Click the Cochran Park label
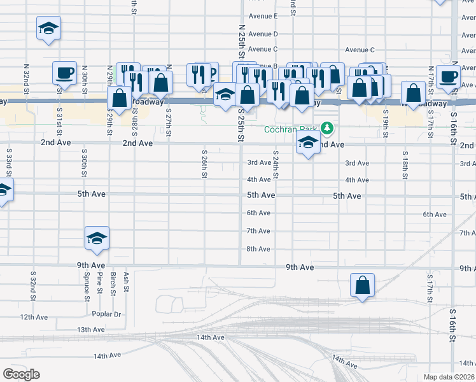click(292, 129)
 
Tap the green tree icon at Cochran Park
click(328, 129)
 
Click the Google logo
click(22, 374)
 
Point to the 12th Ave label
click(34, 316)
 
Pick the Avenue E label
click(263, 15)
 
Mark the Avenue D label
click(263, 34)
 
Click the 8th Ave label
click(258, 249)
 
